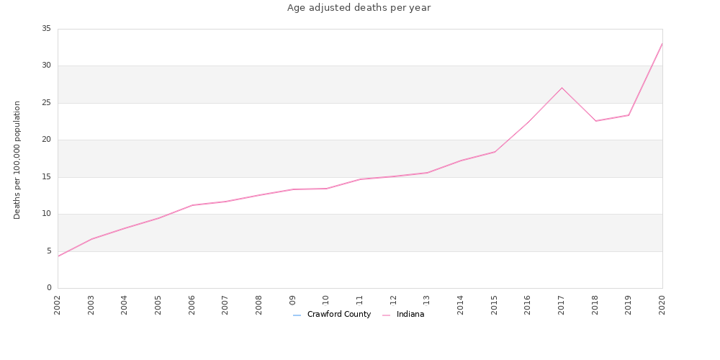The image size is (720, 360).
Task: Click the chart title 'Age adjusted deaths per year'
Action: coord(359,8)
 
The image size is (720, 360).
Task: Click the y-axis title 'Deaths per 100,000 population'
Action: coord(17,160)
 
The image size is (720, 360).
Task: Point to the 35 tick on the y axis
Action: coord(46,29)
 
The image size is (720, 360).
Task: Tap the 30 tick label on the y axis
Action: coord(46,66)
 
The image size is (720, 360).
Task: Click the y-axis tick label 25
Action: coord(46,103)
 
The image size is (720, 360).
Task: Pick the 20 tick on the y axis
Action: coord(46,140)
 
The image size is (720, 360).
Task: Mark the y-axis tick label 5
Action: coord(48,251)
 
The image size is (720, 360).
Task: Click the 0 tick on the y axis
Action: coord(48,288)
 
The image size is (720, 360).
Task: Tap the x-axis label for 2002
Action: coord(58,305)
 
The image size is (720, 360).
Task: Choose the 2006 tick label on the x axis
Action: coord(192,305)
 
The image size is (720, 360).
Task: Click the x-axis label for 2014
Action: coord(461,305)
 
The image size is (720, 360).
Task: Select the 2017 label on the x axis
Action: coord(562,305)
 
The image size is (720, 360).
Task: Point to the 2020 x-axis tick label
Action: coord(662,305)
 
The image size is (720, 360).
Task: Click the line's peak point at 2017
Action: coord(562,88)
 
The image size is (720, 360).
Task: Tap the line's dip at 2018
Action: coord(595,121)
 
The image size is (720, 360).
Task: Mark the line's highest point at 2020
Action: coord(662,43)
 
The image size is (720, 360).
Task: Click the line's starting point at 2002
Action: coord(58,256)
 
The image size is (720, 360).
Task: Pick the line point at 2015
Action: coord(495,152)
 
